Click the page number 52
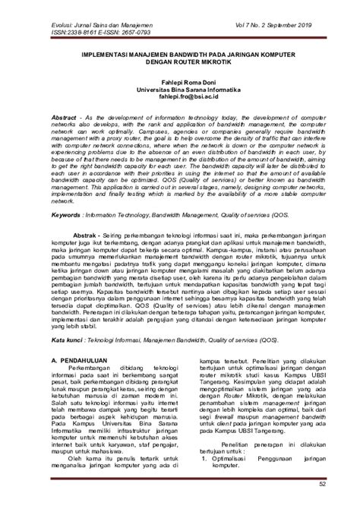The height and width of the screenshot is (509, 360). pos(323,484)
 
